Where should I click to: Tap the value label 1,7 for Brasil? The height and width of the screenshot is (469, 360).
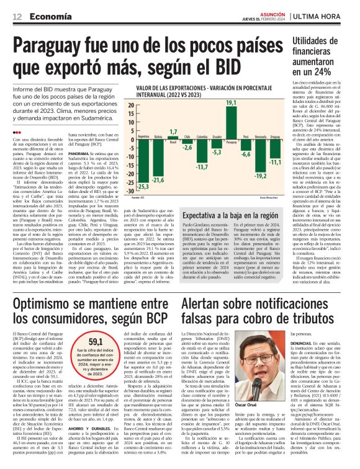pos(173,131)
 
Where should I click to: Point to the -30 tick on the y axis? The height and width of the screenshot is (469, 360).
pos(130,191)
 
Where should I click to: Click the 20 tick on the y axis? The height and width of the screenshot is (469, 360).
pos(131,105)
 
